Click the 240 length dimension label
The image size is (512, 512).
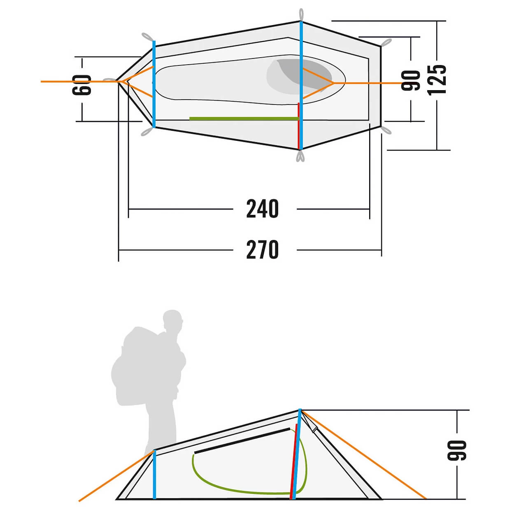262,209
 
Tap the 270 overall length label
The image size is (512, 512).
262,249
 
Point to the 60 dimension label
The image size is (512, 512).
81,85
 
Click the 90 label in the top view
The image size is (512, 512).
410,81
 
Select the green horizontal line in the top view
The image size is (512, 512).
244,119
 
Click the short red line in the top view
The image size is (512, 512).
299,126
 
